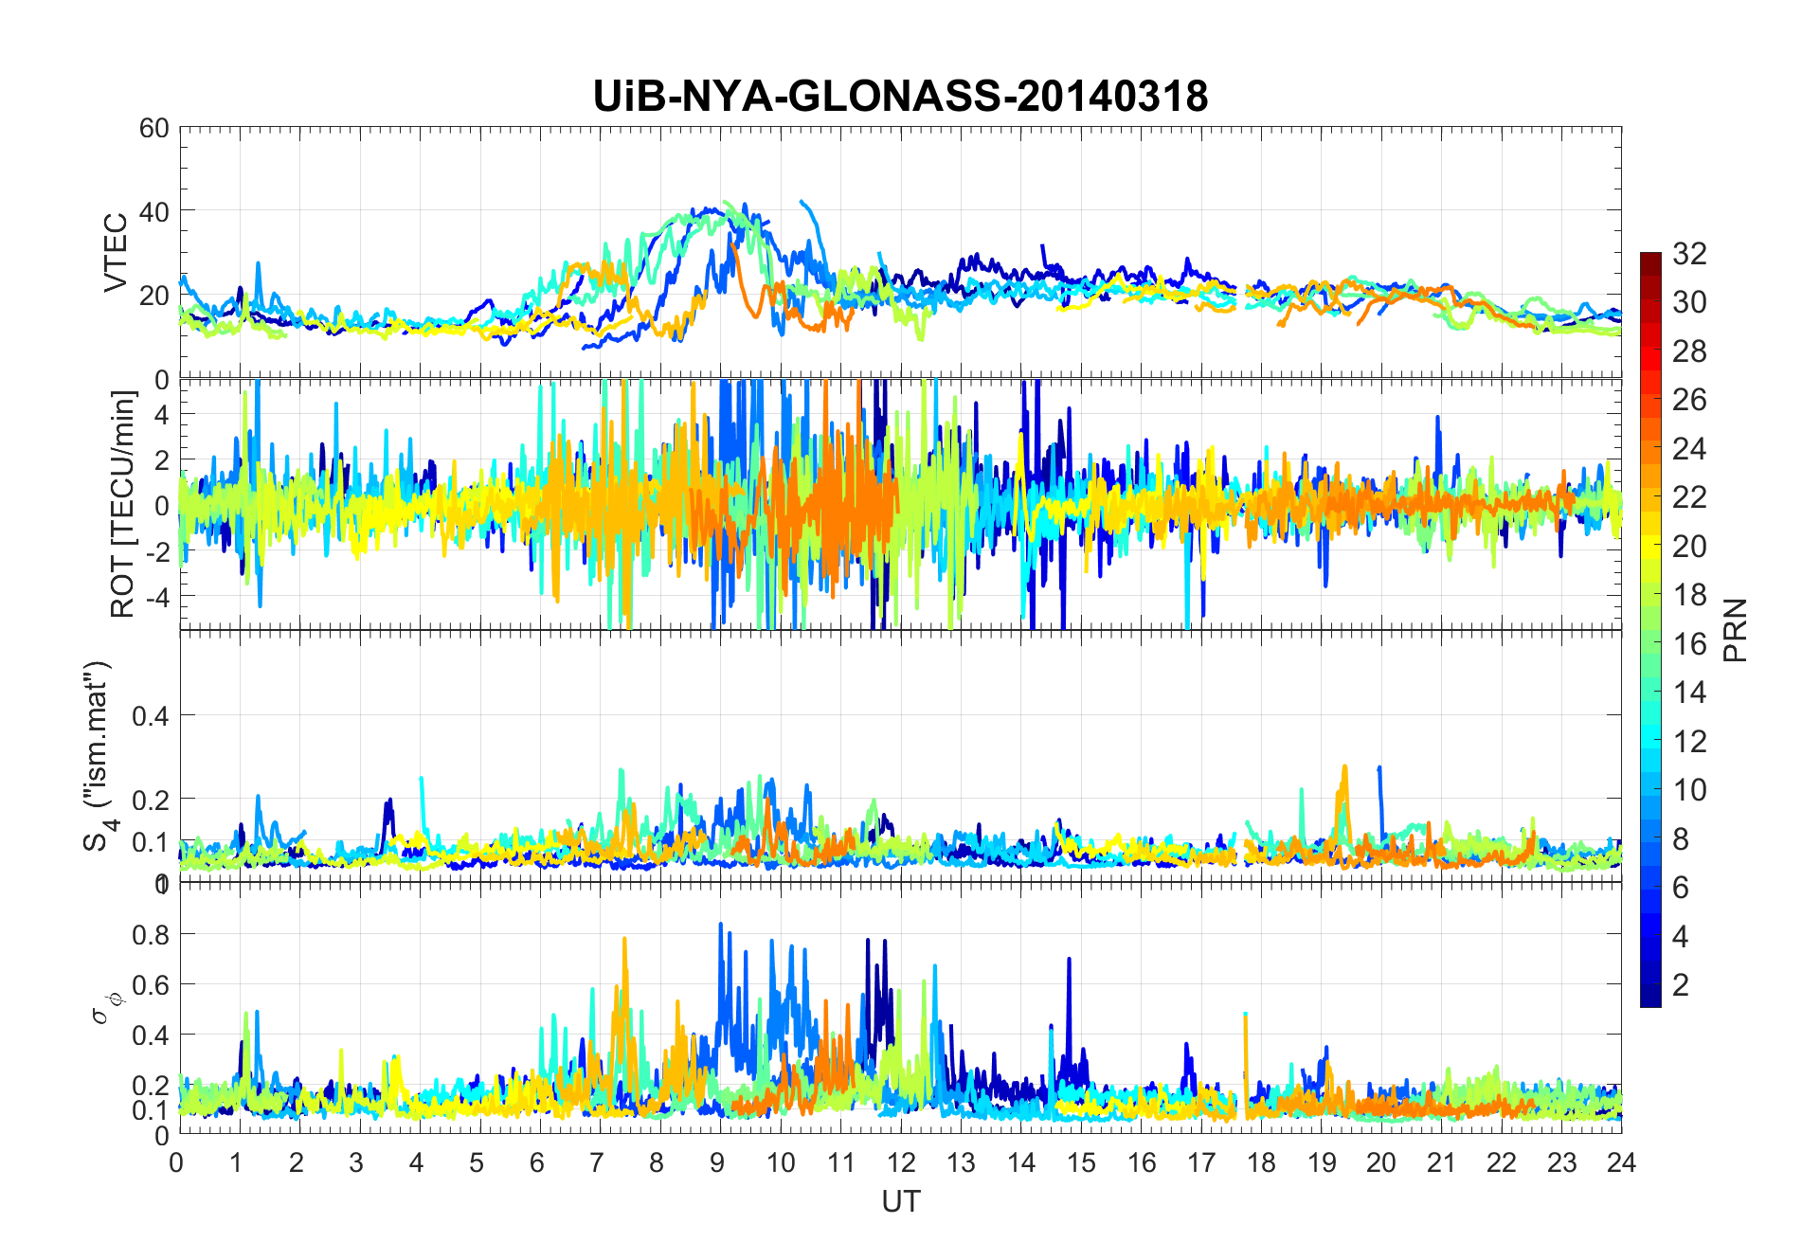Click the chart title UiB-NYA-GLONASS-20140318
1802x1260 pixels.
(x=900, y=97)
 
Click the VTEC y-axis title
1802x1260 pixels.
(x=116, y=253)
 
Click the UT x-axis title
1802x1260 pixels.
(x=900, y=1202)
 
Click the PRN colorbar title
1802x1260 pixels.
(x=1736, y=630)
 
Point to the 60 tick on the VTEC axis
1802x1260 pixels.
(x=154, y=128)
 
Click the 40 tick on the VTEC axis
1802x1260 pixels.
(x=154, y=211)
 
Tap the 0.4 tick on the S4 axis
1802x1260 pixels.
(x=150, y=715)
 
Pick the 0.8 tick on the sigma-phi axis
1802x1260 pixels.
(x=150, y=934)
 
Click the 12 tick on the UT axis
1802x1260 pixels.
(x=901, y=1162)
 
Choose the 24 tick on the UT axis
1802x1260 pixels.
(x=1621, y=1162)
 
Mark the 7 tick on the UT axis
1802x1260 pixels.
(x=596, y=1162)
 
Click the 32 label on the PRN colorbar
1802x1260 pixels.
(x=1689, y=253)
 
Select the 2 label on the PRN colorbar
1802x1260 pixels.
(x=1681, y=985)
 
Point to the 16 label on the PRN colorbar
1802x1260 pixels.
(x=1689, y=644)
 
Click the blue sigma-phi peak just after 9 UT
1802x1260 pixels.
(x=721, y=926)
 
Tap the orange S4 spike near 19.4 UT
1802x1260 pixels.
(x=1344, y=767)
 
